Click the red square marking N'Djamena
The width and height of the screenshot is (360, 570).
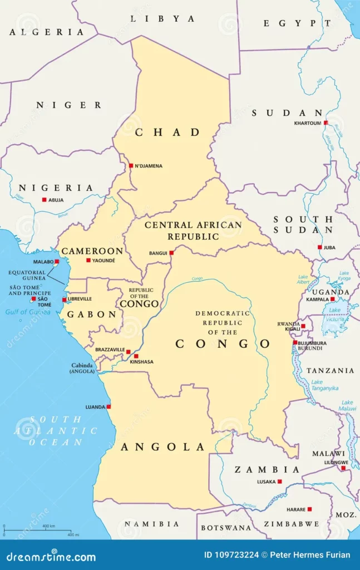pyautogui.click(x=131, y=165)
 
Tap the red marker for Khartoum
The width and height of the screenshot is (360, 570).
pyautogui.click(x=326, y=122)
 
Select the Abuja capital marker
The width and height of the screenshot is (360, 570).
pyautogui.click(x=45, y=200)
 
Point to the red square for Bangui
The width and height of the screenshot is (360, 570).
pyautogui.click(x=171, y=253)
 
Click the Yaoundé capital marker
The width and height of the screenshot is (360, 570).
pyautogui.click(x=88, y=260)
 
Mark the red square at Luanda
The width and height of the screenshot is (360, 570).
pyautogui.click(x=109, y=406)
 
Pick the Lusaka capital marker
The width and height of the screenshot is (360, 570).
pyautogui.click(x=279, y=481)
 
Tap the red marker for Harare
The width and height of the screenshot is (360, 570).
pyautogui.click(x=309, y=509)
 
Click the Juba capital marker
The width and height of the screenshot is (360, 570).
pyautogui.click(x=319, y=247)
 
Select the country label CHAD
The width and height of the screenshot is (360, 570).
pyautogui.click(x=167, y=132)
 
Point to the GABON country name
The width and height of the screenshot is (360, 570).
pyautogui.click(x=92, y=315)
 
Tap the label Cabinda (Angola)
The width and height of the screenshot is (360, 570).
pyautogui.click(x=82, y=368)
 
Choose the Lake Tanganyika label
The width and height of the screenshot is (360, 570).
pyautogui.click(x=324, y=385)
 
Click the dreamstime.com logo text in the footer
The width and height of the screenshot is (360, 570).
pyautogui.click(x=51, y=556)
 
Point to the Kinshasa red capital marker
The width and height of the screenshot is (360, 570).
pyautogui.click(x=136, y=356)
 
